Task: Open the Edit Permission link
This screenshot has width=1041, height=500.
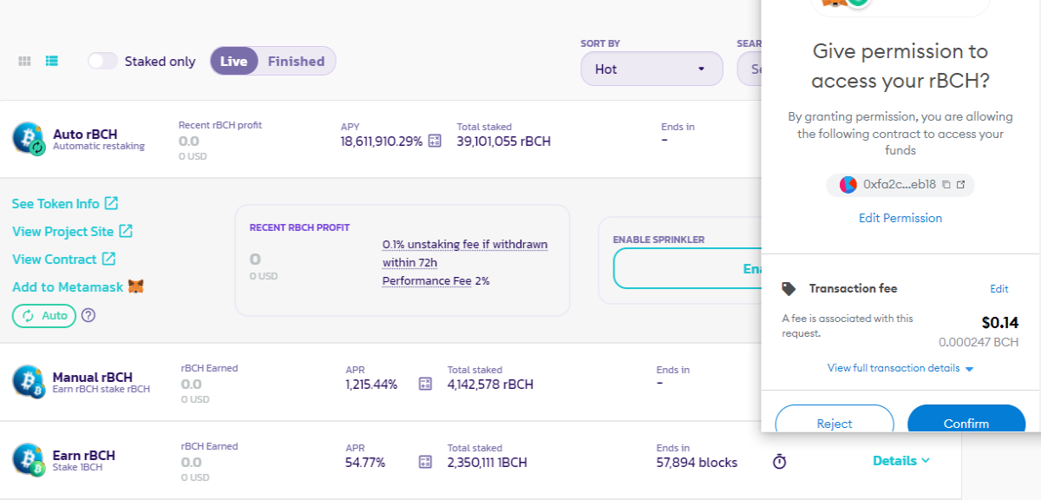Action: (900, 218)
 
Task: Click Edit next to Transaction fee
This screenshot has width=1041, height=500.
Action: (998, 289)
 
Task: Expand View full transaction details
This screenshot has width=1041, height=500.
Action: (900, 368)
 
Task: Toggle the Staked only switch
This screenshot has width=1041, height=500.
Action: (102, 61)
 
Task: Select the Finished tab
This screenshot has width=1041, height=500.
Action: (296, 61)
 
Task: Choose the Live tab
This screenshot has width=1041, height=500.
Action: (233, 61)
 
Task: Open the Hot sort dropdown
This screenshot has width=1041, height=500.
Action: (651, 69)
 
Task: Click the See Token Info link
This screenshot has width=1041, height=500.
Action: (65, 203)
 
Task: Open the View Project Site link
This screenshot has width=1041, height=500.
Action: (73, 231)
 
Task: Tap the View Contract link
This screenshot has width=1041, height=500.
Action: (64, 259)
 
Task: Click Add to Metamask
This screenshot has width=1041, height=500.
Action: (78, 287)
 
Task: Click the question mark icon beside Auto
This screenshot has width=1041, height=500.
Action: (88, 315)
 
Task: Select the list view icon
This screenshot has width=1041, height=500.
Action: (51, 61)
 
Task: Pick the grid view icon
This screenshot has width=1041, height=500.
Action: (24, 61)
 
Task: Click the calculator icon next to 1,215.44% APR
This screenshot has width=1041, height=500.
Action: (425, 384)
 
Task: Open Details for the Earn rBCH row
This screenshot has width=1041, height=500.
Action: (901, 460)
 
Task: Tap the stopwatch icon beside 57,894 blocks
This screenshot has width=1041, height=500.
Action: (779, 462)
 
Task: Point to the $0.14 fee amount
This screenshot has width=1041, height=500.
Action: (999, 322)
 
